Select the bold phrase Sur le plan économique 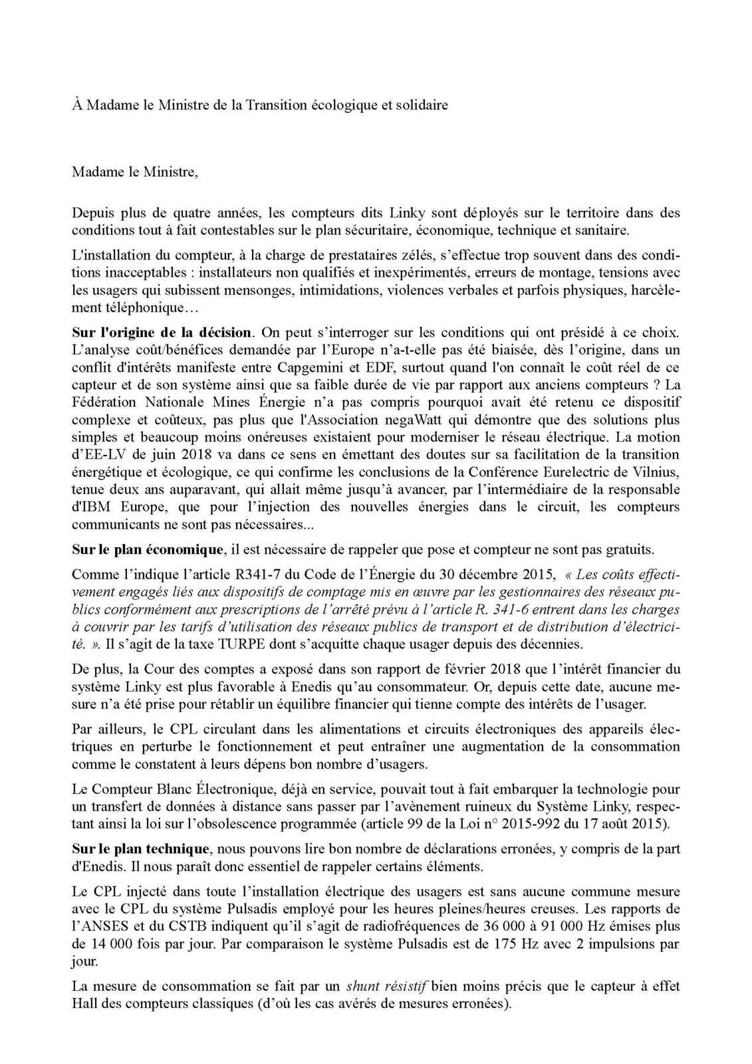click(148, 550)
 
